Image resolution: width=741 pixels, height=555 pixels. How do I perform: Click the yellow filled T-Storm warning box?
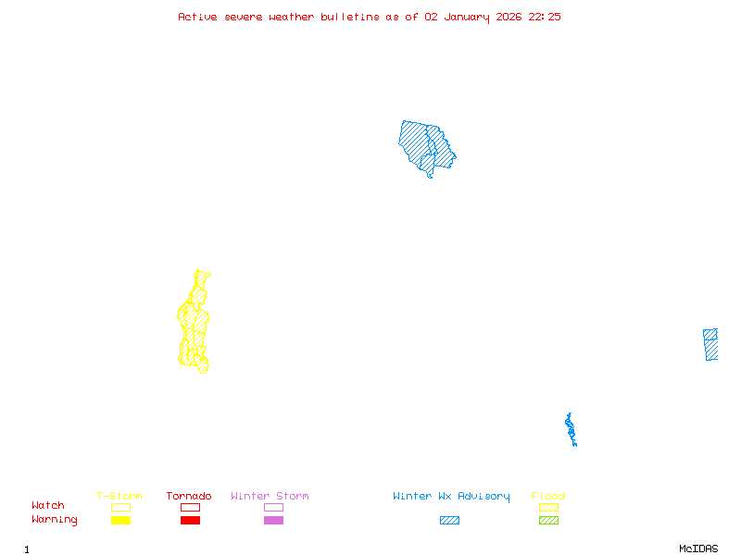[120, 521]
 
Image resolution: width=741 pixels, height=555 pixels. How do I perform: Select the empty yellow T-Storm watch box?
[120, 507]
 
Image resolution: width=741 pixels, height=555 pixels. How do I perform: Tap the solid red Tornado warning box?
[190, 521]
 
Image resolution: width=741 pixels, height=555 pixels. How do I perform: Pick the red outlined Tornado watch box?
[190, 507]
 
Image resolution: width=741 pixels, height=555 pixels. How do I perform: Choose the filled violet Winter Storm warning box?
[273, 521]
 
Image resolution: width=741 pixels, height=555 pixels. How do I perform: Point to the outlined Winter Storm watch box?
[273, 507]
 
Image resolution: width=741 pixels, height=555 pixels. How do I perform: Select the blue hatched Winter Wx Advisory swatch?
[449, 521]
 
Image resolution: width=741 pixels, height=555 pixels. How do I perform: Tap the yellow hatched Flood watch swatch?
[548, 507]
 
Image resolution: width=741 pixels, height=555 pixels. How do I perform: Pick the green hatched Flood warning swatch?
[548, 521]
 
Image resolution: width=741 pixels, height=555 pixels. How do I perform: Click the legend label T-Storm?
[119, 496]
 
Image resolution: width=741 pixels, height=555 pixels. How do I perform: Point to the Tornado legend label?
[189, 496]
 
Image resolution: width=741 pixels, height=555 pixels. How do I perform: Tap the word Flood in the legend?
[548, 496]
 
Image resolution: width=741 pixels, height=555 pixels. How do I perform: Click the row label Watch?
[48, 506]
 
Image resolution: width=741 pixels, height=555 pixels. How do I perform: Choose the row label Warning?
[55, 520]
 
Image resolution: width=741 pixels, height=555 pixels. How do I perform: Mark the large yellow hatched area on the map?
[194, 324]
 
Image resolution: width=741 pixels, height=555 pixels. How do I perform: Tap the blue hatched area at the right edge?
[710, 344]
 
